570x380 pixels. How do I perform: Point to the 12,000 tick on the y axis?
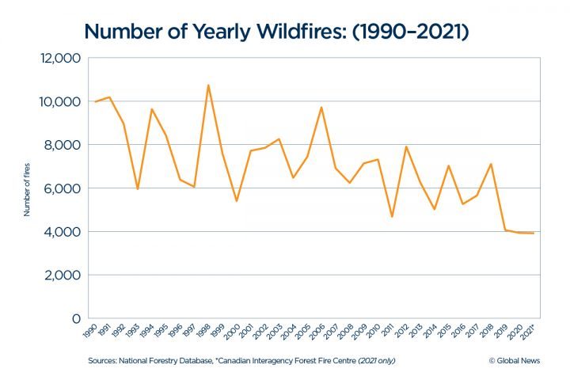[x=59, y=59]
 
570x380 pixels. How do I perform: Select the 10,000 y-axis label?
[x=59, y=102]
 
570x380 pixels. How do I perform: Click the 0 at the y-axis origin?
[x=77, y=318]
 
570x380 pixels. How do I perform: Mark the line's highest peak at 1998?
[x=208, y=85]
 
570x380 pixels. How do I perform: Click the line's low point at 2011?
[x=392, y=217]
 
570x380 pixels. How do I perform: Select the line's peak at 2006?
[x=321, y=107]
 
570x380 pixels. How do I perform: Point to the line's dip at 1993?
[x=138, y=189]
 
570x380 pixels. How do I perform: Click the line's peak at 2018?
[x=491, y=164]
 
